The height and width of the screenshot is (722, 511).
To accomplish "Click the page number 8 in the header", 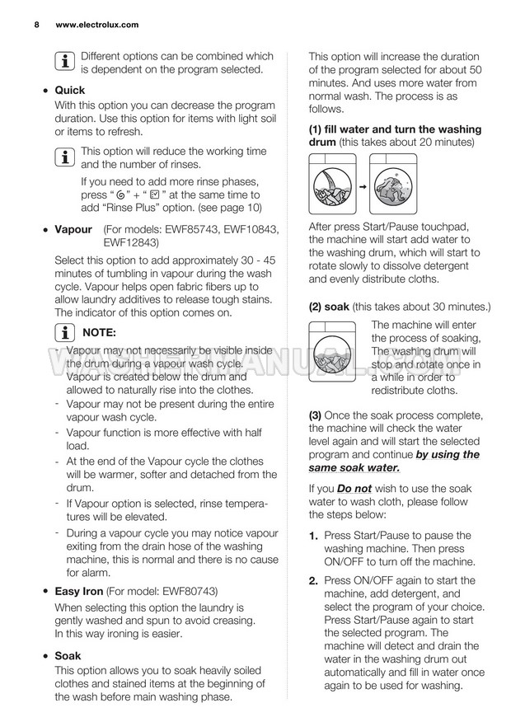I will click(38, 25).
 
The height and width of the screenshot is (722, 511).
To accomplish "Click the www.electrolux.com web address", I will click(96, 25).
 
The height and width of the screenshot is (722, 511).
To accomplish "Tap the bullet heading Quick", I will click(69, 90).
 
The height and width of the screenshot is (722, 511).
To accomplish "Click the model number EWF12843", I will click(131, 242).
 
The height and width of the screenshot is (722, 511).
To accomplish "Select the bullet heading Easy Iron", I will click(78, 590).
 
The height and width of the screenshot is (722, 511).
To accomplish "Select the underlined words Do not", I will click(355, 489).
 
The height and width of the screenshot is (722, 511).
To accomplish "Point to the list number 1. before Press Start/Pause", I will click(314, 536).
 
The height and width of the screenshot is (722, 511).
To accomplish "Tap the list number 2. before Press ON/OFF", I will click(314, 580).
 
